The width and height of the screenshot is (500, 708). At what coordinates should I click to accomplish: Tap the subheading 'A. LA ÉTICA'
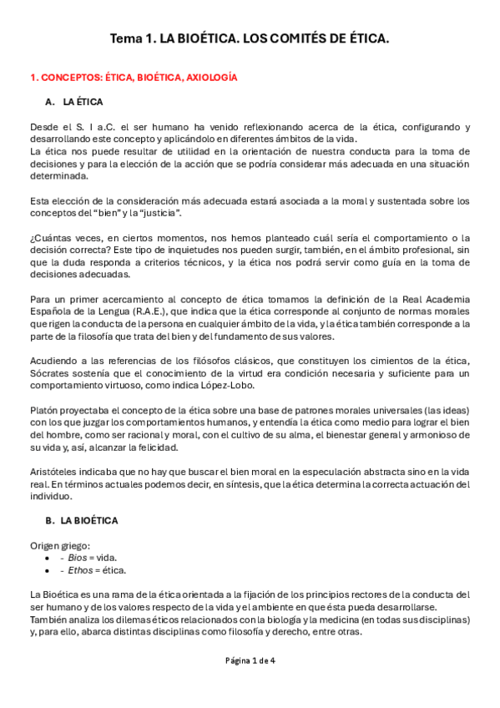pyautogui.click(x=74, y=102)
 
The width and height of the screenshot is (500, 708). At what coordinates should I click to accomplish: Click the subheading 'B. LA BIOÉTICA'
pyautogui.click(x=81, y=520)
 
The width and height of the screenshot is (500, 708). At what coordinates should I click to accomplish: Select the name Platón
pyautogui.click(x=45, y=410)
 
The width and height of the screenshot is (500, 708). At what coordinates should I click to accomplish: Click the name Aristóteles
pyautogui.click(x=55, y=472)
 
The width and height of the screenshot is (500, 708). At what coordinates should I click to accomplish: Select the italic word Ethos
pyautogui.click(x=81, y=570)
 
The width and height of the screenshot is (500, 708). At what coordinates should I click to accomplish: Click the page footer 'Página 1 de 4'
pyautogui.click(x=250, y=660)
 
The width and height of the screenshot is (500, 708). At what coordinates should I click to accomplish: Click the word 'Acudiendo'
pyautogui.click(x=54, y=360)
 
